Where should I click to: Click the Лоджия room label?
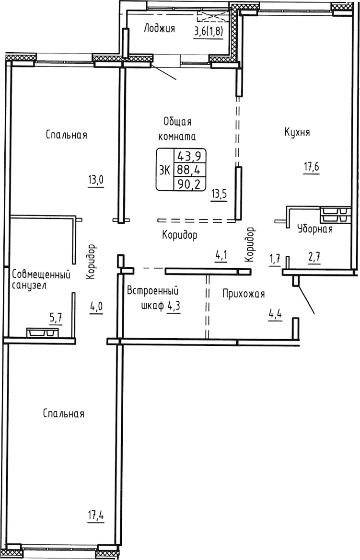pyautogui.click(x=159, y=29)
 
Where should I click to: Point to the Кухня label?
pyautogui.click(x=297, y=133)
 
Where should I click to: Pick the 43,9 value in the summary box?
pyautogui.click(x=188, y=156)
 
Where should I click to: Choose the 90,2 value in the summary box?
pyautogui.click(x=188, y=184)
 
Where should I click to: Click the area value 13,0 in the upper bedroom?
pyautogui.click(x=96, y=180)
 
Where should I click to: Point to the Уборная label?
pyautogui.click(x=314, y=229)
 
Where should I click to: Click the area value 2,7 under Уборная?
pyautogui.click(x=314, y=258)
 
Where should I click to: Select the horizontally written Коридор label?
pyautogui.click(x=180, y=235)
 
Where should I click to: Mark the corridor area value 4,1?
pyautogui.click(x=221, y=255)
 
